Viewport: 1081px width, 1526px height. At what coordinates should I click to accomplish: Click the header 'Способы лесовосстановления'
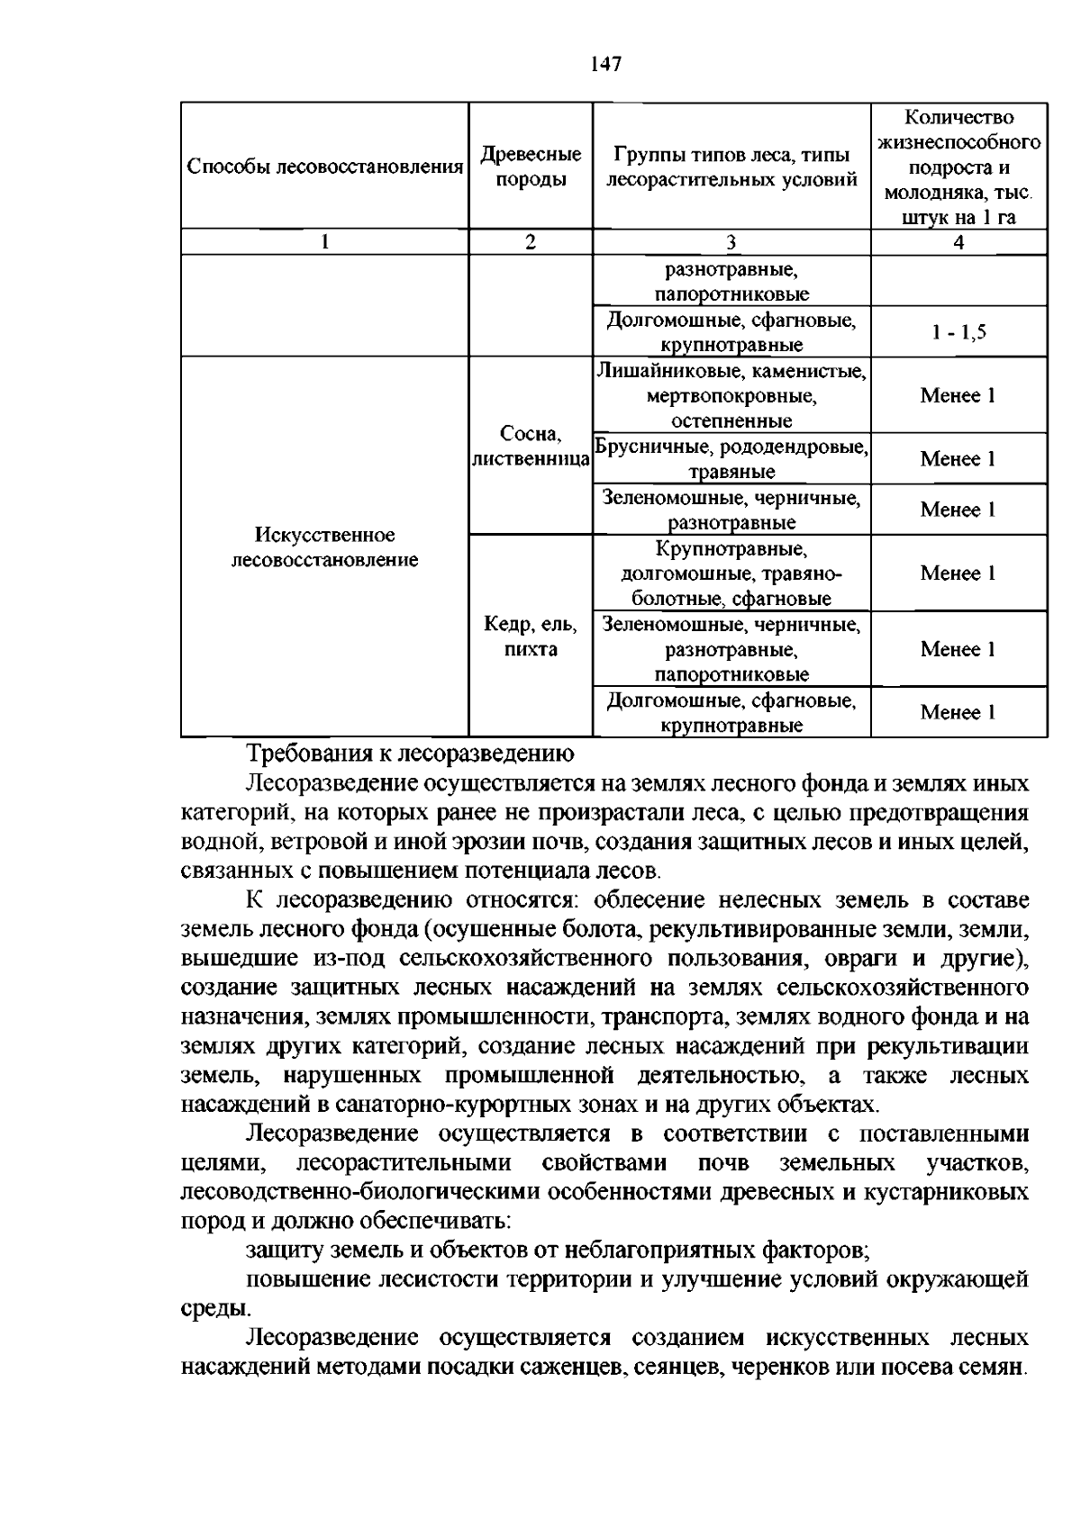pos(324,167)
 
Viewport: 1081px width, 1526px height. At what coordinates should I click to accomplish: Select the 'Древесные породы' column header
pos(531,167)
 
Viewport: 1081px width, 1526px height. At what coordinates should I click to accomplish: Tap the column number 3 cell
pos(731,242)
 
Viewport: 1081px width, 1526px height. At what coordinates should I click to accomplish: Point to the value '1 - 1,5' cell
pos(958,332)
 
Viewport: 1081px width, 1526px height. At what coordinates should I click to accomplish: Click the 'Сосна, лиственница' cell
pos(531,447)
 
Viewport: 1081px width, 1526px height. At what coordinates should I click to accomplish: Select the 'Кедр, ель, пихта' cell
pos(531,637)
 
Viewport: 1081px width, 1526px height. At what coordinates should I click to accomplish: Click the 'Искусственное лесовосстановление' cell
pos(324,547)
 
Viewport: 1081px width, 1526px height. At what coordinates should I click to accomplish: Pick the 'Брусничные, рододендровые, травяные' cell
pos(731,459)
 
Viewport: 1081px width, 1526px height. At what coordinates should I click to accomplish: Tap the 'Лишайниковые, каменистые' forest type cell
pos(731,395)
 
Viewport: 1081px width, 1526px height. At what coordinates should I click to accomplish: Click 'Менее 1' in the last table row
pos(958,713)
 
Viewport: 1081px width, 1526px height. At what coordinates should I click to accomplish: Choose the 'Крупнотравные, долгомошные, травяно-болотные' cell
pos(731,573)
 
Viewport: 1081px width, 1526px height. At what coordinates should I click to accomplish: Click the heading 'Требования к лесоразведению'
pos(410,754)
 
